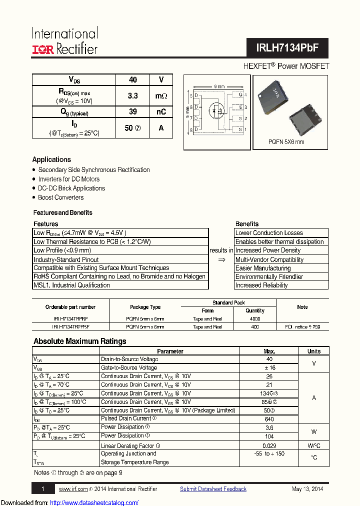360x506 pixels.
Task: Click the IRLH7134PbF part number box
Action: [287, 48]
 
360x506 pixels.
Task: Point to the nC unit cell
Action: [161, 112]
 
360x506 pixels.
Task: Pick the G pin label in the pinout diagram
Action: [240, 95]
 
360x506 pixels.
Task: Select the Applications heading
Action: [51, 159]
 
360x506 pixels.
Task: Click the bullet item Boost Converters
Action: [61, 197]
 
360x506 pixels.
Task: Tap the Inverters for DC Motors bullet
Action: [69, 179]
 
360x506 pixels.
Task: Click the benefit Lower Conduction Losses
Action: [269, 233]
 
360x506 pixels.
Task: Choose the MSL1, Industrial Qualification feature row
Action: [71, 285]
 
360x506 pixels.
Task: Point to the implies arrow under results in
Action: [221, 260]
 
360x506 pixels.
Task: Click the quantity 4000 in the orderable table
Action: [255, 318]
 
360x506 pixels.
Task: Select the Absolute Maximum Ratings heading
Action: [79, 341]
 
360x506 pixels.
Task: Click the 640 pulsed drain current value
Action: [269, 419]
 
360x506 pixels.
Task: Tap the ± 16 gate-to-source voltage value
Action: [269, 367]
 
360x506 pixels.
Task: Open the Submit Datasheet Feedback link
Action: [213, 489]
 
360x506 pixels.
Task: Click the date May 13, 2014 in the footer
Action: [307, 489]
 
